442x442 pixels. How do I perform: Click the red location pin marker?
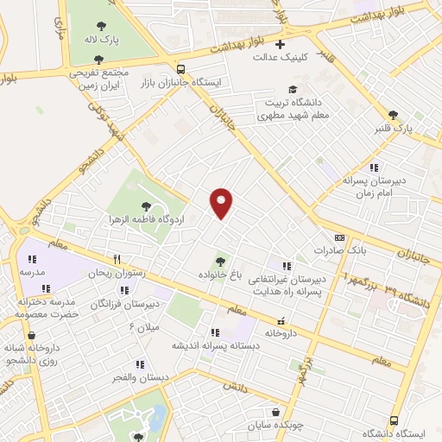[x=222, y=202]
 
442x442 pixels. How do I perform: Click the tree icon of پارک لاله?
[x=101, y=27]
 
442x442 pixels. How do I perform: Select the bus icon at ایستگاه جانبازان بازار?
[x=180, y=69]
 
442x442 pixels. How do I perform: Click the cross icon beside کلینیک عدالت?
[x=280, y=44]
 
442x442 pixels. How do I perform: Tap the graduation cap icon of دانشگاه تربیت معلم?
[x=293, y=90]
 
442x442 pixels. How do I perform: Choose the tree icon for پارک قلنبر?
[x=393, y=114]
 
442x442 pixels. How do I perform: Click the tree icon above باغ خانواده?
[x=222, y=260]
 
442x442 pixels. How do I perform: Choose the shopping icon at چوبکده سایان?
[x=275, y=413]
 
